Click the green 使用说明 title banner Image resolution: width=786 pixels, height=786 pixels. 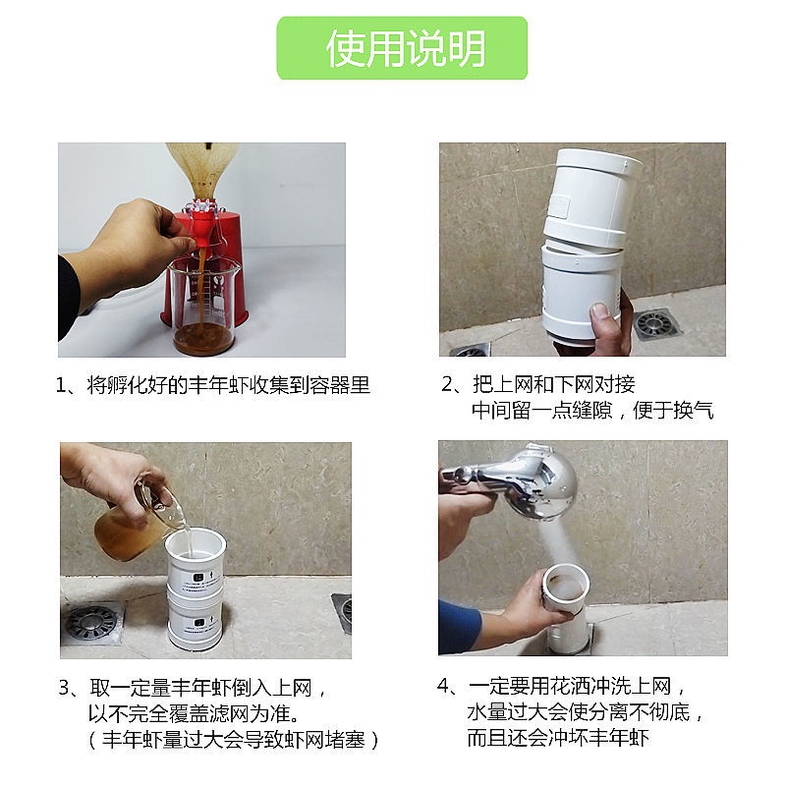(402, 48)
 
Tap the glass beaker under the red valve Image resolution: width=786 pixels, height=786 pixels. (202, 306)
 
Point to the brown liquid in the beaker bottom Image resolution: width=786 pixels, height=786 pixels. (203, 338)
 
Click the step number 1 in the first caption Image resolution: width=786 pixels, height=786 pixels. (61, 385)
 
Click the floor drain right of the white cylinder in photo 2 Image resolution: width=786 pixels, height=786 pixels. (656, 324)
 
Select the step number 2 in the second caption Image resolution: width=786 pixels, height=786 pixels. (447, 384)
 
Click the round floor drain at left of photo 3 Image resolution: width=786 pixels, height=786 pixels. (91, 623)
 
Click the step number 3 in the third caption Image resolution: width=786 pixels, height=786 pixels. (64, 687)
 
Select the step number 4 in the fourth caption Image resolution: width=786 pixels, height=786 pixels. (443, 686)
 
